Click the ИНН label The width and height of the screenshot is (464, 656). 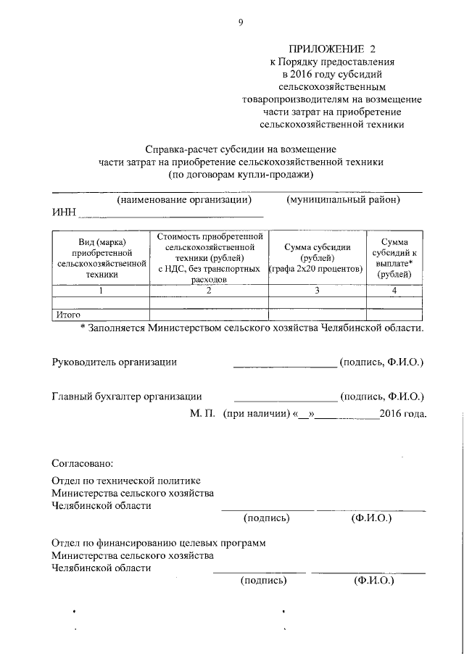tap(63, 213)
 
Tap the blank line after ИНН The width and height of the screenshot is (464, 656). tap(171, 215)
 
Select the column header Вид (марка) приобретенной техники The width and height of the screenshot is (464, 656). tap(100, 258)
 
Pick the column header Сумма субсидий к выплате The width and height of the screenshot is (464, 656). tap(394, 258)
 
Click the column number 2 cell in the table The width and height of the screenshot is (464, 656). tap(208, 290)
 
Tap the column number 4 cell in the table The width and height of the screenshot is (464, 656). tap(394, 290)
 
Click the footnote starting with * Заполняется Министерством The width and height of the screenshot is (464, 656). tap(251, 328)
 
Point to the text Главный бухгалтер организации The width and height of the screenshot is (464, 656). tap(126, 396)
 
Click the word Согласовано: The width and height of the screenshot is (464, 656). tap(82, 462)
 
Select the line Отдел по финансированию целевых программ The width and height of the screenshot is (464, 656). tap(158, 542)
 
